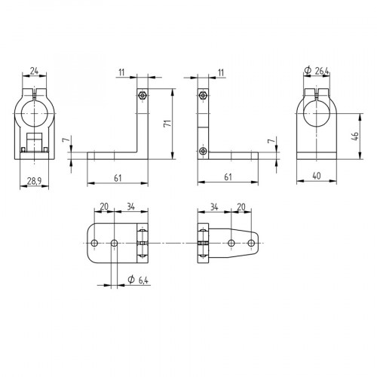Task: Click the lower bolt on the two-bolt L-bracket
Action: pyautogui.click(x=203, y=151)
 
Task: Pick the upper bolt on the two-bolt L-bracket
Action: pyautogui.click(x=203, y=95)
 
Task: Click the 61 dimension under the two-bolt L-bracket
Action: pyautogui.click(x=227, y=177)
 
